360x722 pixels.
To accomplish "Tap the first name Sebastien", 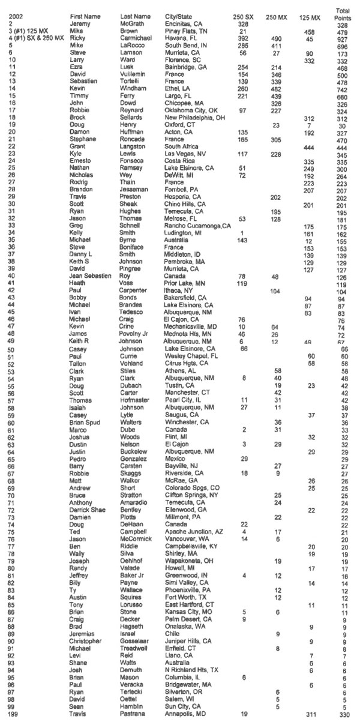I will [x=82, y=80].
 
